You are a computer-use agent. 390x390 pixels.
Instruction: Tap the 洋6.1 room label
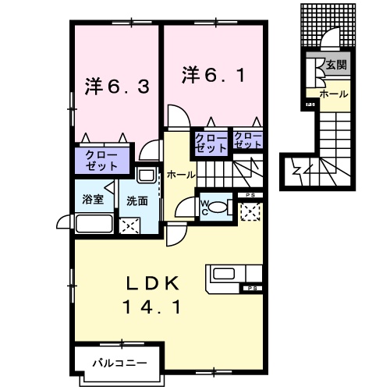point(211,75)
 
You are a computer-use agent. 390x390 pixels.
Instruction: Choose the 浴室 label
point(93,199)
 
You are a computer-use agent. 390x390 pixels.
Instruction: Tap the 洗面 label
point(138,200)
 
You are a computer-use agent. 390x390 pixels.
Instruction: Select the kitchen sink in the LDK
point(222,275)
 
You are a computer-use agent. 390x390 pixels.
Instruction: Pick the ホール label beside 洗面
point(180,175)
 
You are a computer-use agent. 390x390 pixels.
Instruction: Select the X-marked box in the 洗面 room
point(129,226)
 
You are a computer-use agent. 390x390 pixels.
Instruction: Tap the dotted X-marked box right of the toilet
point(250,211)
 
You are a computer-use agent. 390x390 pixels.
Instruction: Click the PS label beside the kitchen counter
point(252,289)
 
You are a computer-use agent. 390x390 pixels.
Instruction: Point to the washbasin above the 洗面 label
point(145,175)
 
